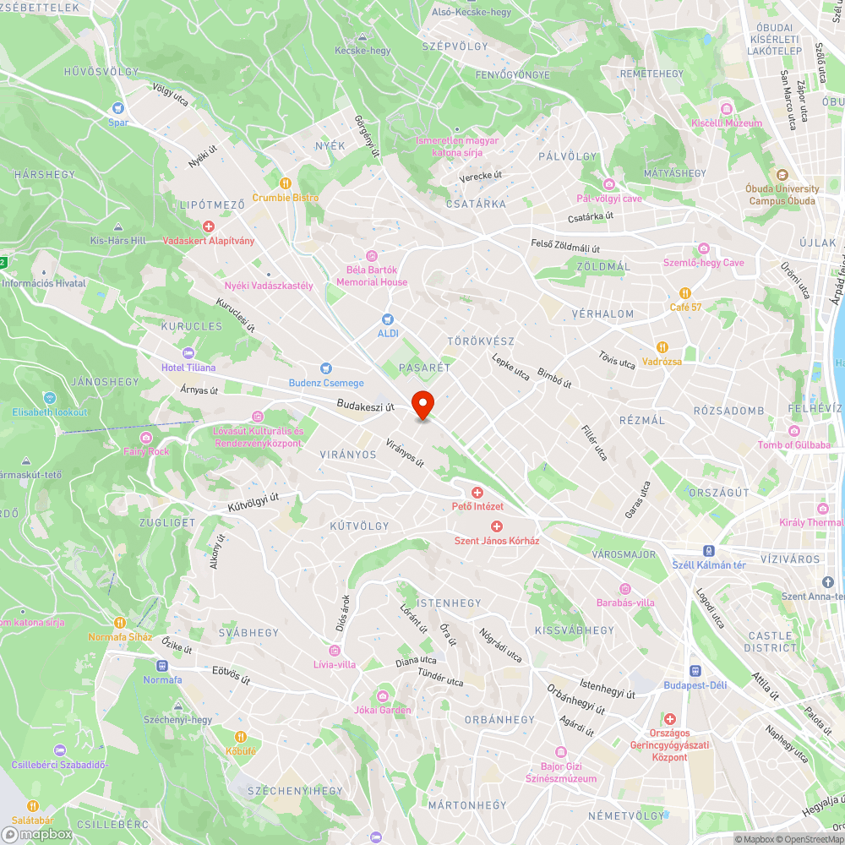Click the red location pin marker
pyautogui.click(x=422, y=405)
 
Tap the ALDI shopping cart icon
pyautogui.click(x=388, y=319)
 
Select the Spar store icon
pyautogui.click(x=117, y=108)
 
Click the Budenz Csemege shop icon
pyautogui.click(x=326, y=368)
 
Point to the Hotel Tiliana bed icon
pyautogui.click(x=188, y=352)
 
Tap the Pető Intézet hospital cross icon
pyautogui.click(x=477, y=492)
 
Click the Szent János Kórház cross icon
pyautogui.click(x=497, y=526)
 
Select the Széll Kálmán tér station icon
pyautogui.click(x=708, y=549)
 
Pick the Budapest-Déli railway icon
pyautogui.click(x=695, y=670)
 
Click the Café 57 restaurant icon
pyautogui.click(x=684, y=292)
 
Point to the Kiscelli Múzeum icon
pyautogui.click(x=726, y=108)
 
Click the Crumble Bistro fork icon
pyautogui.click(x=285, y=183)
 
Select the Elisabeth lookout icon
pyautogui.click(x=49, y=397)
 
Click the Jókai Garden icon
pyautogui.click(x=383, y=695)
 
